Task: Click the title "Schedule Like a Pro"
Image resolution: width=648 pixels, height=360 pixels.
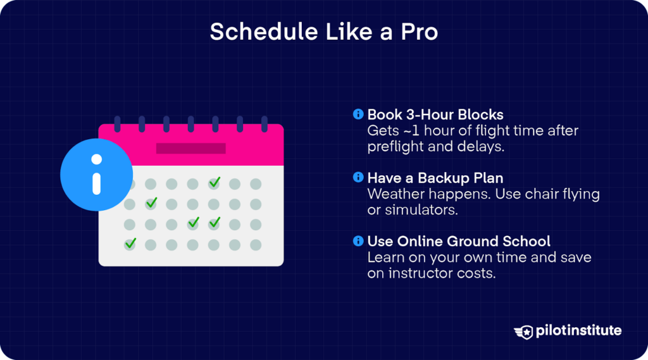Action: coord(323,32)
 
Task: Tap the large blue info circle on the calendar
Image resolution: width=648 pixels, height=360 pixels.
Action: coord(96,174)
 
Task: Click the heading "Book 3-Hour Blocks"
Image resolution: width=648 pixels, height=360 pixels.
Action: coord(435,115)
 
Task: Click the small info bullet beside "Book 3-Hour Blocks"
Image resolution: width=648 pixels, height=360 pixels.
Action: coord(358,115)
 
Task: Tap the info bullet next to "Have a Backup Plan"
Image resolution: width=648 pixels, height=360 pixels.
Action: coord(358,178)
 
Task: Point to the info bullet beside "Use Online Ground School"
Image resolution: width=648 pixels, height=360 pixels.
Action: coord(358,241)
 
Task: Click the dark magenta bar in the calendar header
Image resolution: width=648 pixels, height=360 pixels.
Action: coord(190,148)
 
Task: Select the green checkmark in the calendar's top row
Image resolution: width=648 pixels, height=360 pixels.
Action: coord(215,182)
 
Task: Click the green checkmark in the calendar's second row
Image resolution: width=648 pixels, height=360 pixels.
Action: coord(151,203)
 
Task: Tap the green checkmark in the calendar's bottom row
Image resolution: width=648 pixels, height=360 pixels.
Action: coord(130,243)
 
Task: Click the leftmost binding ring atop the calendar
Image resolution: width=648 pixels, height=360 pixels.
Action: coord(116,124)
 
